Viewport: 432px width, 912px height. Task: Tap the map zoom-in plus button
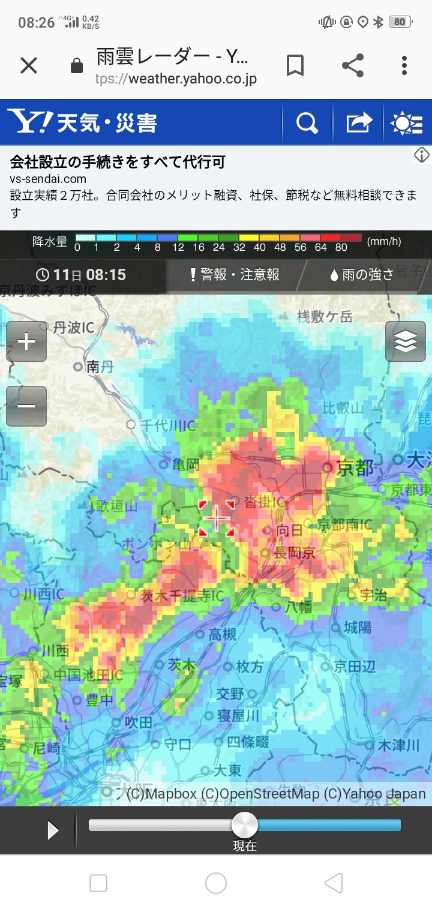(26, 341)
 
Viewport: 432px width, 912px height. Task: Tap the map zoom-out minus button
(26, 406)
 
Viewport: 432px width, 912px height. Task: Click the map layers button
(406, 341)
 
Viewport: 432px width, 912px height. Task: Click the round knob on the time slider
(245, 825)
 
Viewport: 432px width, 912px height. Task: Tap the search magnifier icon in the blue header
(307, 123)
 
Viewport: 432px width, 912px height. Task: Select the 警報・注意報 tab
(235, 275)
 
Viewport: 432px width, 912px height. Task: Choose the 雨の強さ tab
(362, 275)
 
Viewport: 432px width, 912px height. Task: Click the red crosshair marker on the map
(217, 518)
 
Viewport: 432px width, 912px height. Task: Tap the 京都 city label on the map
(355, 468)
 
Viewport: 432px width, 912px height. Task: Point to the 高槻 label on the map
(223, 634)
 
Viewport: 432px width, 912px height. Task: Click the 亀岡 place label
(185, 464)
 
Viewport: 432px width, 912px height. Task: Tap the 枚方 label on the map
(249, 667)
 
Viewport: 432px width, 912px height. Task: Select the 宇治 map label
(374, 595)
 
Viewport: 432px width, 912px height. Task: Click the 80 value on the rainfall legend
(341, 247)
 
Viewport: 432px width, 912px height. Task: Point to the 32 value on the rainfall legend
(239, 247)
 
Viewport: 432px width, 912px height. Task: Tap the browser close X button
(29, 65)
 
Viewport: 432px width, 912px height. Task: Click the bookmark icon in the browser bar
(295, 65)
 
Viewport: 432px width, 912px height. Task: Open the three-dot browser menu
(404, 65)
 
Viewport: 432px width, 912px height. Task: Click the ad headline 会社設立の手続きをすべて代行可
(118, 161)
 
